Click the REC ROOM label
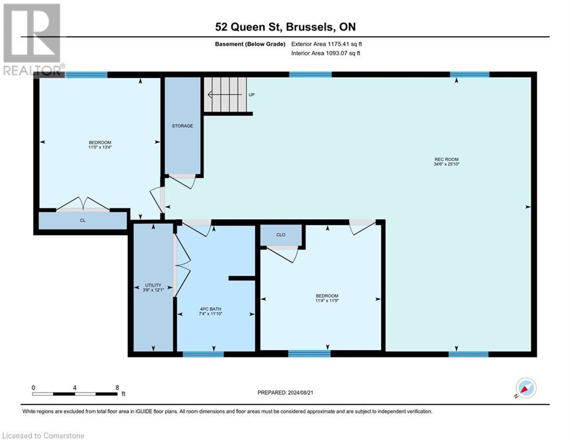click(x=447, y=159)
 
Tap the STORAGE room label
click(x=182, y=125)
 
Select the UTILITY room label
click(x=152, y=285)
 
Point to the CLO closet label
click(x=281, y=234)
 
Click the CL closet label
click(x=82, y=221)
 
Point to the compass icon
click(x=525, y=388)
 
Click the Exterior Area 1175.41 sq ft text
click(x=326, y=44)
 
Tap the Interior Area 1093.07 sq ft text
click(x=326, y=53)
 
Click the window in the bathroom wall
click(x=203, y=354)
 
